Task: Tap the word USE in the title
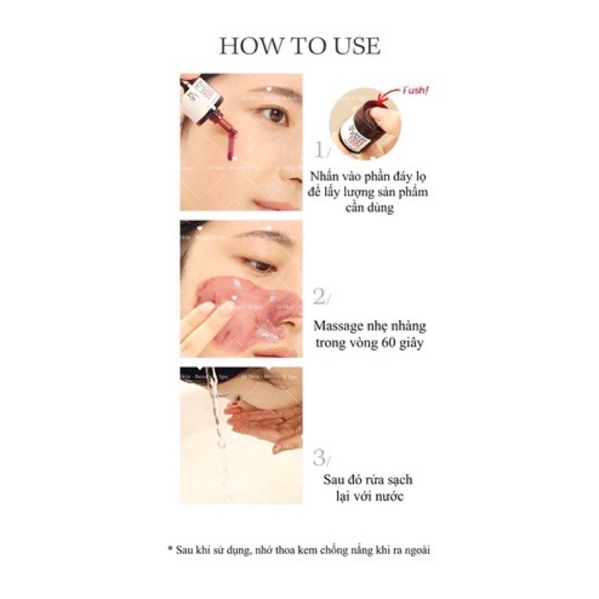pyautogui.click(x=355, y=46)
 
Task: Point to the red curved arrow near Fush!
pyautogui.click(x=388, y=94)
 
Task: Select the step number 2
pyautogui.click(x=320, y=299)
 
